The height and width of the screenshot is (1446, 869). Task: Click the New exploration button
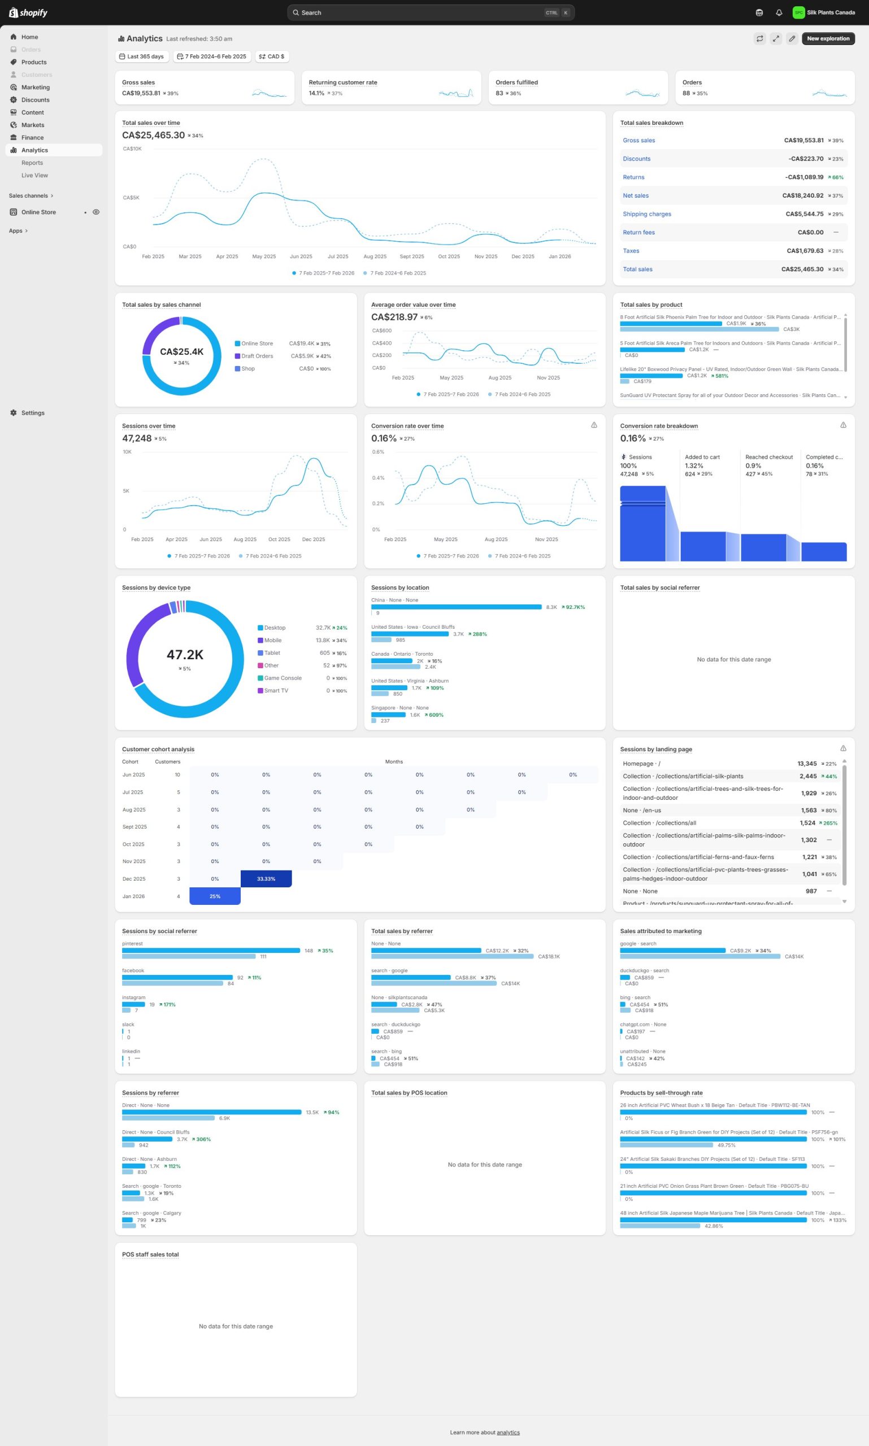[x=827, y=38]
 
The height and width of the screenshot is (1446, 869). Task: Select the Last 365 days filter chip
[x=142, y=57]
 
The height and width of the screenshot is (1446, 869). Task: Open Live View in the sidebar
[x=34, y=176]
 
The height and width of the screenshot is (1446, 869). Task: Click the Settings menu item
[x=33, y=413]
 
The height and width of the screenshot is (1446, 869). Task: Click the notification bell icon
[x=778, y=13]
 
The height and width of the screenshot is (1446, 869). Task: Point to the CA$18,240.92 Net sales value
[x=802, y=195]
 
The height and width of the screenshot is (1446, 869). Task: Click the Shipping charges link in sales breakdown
[x=646, y=214]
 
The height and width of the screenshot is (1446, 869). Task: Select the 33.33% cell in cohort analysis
[x=266, y=879]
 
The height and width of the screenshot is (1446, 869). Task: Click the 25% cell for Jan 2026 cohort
[x=215, y=896]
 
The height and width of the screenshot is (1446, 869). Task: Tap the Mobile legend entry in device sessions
[x=272, y=641]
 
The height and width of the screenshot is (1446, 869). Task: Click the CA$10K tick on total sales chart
[x=132, y=149]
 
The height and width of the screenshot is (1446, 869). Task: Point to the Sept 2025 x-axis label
[x=412, y=256]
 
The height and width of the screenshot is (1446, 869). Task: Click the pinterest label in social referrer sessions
[x=132, y=944]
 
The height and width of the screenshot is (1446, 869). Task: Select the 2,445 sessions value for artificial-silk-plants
[x=807, y=776]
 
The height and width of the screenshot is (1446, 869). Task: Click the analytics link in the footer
[x=508, y=1432]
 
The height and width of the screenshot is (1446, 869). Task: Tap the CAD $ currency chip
[x=272, y=57]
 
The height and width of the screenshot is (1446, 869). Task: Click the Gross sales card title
[x=138, y=82]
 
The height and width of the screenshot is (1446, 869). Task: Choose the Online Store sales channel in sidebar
[x=38, y=212]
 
